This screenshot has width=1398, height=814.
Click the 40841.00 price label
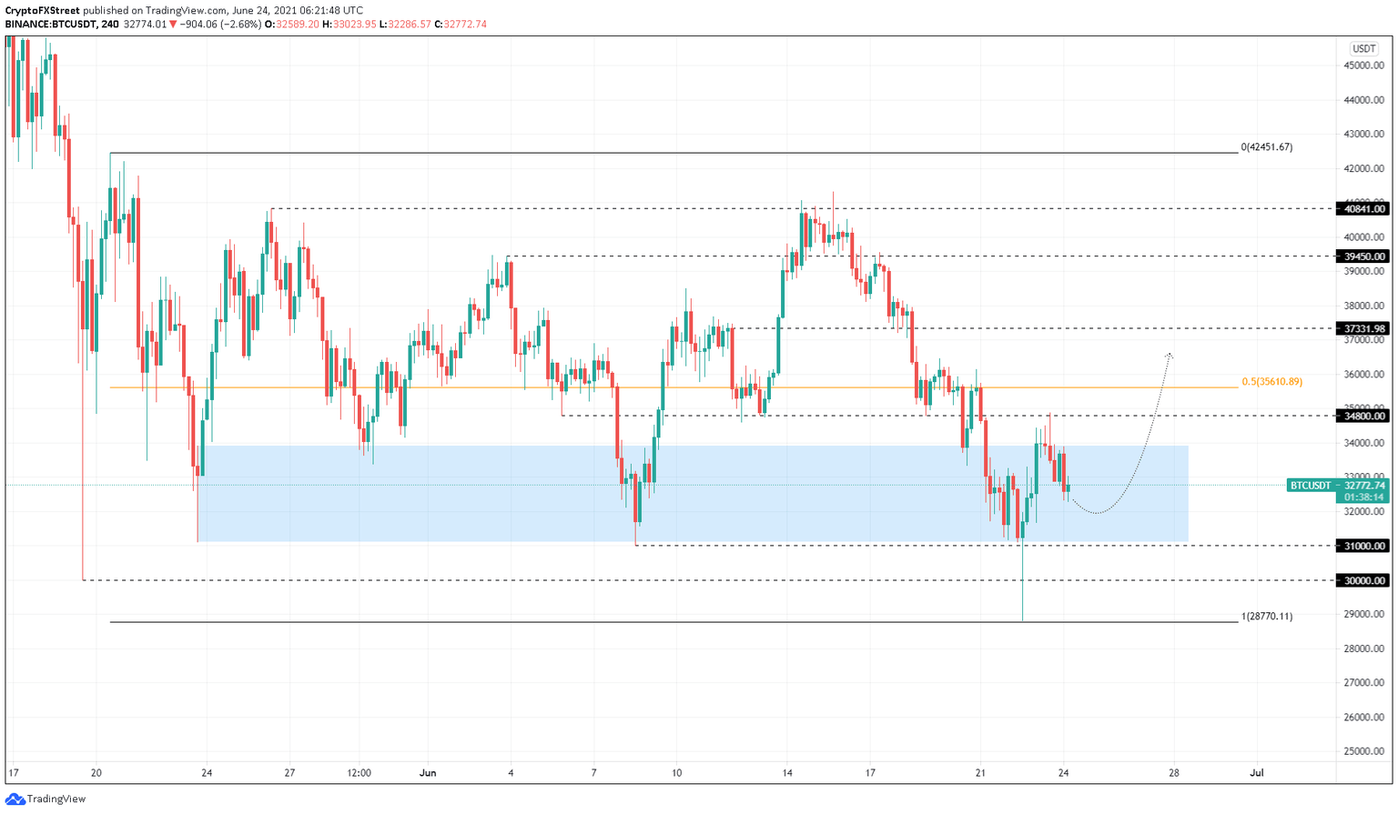pos(1363,209)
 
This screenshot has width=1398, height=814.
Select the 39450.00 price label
pos(1363,256)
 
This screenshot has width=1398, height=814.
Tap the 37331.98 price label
pos(1363,329)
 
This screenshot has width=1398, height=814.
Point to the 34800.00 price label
pos(1363,416)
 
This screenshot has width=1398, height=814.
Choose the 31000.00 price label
pos(1363,546)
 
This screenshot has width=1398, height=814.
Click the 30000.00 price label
pos(1363,580)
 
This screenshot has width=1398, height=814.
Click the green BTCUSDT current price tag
pos(1337,486)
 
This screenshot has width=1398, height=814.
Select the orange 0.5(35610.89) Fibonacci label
pos(1271,382)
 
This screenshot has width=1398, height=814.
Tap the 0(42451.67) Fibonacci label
pos(1266,147)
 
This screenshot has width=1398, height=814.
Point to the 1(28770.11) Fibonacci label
pos(1266,617)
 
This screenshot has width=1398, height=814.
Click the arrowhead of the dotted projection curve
pos(1170,354)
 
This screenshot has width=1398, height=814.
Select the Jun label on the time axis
pos(428,773)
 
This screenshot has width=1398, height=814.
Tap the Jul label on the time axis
pos(1257,773)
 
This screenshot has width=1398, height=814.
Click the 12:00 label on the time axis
pos(360,773)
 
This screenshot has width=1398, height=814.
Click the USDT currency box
pos(1363,48)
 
